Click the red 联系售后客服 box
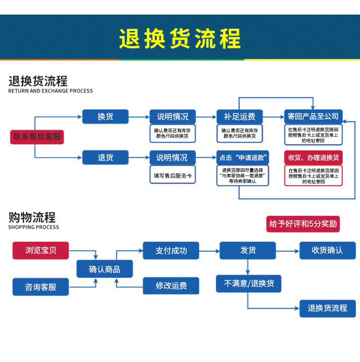(37, 137)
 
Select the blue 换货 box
(105, 117)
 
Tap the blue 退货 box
(105, 157)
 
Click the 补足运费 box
(240, 117)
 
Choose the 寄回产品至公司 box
(313, 117)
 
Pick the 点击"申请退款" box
(242, 157)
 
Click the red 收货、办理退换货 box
(314, 157)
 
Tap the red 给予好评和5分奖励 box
(303, 224)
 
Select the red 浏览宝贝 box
(41, 250)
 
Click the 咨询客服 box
(41, 287)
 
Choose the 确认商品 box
(104, 269)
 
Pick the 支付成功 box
(171, 250)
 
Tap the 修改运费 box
(171, 285)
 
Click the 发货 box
(247, 250)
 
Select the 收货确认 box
(328, 250)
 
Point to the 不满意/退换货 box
(248, 284)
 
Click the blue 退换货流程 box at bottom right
(328, 309)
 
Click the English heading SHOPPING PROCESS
(34, 227)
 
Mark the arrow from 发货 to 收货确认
(288, 251)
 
